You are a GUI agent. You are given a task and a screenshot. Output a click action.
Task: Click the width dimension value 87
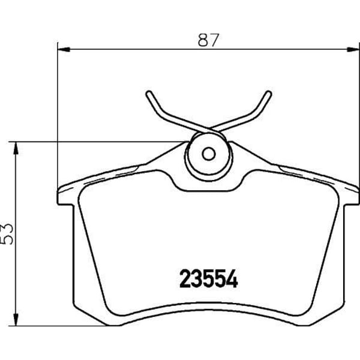tap(208, 40)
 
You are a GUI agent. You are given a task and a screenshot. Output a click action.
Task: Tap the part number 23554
tap(208, 279)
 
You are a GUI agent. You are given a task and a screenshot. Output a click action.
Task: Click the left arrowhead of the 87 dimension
tap(64, 49)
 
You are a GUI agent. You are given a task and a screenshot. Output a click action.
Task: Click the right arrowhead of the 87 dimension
tap(353, 49)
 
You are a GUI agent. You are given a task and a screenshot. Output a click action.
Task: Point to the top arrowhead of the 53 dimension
tap(16, 148)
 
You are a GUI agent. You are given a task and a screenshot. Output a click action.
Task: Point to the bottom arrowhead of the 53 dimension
tap(16, 319)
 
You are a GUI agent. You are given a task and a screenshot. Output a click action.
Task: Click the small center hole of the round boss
tap(208, 154)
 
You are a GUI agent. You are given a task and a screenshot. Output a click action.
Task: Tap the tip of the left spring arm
tap(149, 93)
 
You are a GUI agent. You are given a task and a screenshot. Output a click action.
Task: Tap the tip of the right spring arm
tap(269, 93)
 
